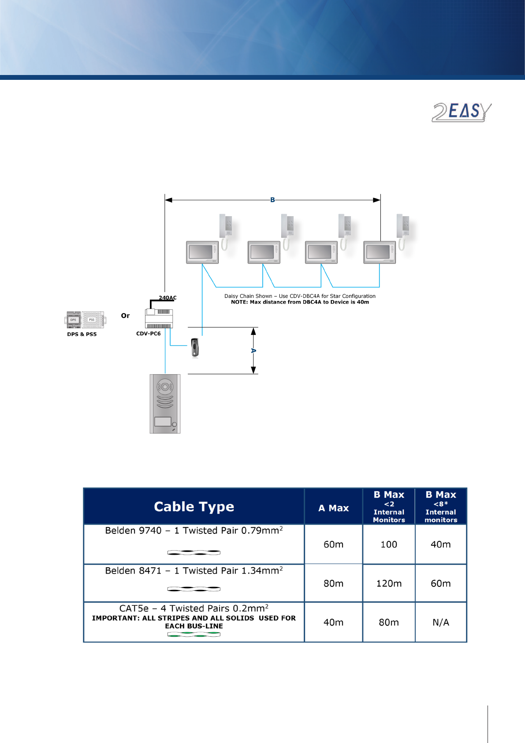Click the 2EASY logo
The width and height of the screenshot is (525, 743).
pos(461,112)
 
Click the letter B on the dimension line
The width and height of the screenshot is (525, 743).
pos(272,200)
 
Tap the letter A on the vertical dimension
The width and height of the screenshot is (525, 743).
pos(253,351)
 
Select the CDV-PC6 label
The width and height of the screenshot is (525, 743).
pos(148,334)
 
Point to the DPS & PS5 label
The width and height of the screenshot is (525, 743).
pos(82,334)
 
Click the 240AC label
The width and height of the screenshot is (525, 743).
pos(168,298)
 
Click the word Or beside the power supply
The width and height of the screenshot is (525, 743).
pos(125,315)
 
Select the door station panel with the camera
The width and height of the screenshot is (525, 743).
pos(165,404)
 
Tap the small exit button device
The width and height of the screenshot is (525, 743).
pos(195,347)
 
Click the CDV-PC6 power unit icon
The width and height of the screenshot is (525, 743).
pos(159,318)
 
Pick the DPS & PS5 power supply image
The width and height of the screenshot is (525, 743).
pos(86,320)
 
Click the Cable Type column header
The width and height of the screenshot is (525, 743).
pos(194,507)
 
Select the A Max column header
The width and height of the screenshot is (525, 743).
pos(333,508)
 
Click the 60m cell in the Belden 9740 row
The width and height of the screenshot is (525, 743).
pos(333,544)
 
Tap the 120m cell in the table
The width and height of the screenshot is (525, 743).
pos(389,583)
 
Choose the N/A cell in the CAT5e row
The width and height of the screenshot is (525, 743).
pos(440,622)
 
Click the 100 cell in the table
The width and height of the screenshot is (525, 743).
pos(389,544)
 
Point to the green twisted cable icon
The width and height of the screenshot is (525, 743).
pos(194,634)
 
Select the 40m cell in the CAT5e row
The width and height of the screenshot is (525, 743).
pos(333,622)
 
